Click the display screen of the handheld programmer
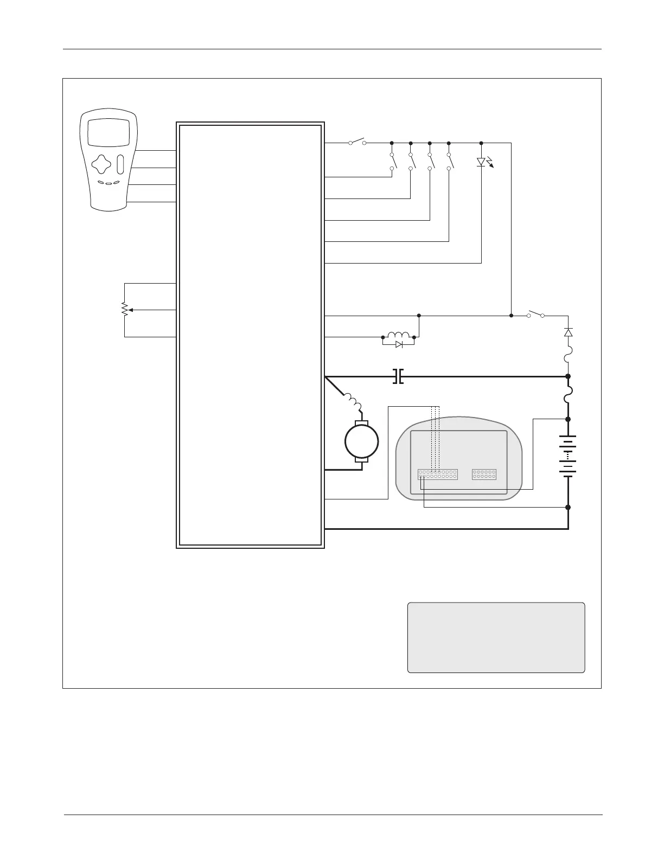click(108, 132)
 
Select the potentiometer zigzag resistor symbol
click(124, 310)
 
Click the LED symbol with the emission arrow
click(482, 162)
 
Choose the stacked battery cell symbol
click(568, 456)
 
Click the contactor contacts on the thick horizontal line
click(398, 376)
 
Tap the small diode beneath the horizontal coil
click(399, 344)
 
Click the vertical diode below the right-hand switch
click(568, 332)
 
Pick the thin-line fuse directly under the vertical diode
click(568, 357)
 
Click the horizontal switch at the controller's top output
click(357, 142)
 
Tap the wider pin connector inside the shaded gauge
click(437, 475)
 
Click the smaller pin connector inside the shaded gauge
click(484, 475)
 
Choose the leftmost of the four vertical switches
click(393, 162)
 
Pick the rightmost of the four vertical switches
click(450, 162)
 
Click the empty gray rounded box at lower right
click(496, 637)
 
